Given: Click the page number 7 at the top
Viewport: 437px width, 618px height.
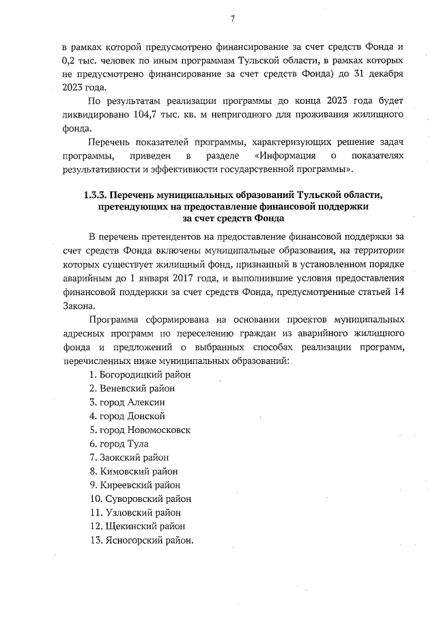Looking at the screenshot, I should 232,18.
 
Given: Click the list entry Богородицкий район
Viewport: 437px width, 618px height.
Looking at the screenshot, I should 140,375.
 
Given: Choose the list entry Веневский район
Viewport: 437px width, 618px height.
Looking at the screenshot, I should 132,389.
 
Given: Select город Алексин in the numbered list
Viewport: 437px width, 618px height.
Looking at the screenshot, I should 132,402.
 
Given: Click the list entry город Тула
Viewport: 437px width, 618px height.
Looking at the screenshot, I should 124,444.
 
